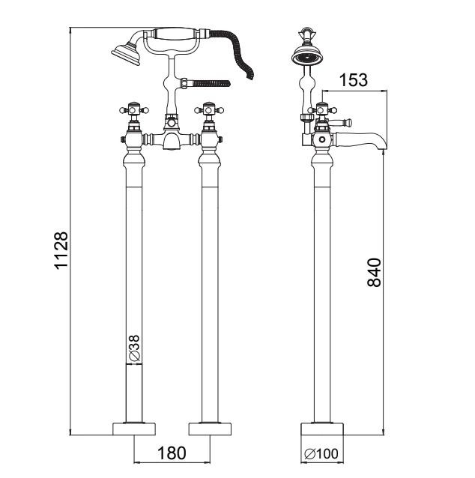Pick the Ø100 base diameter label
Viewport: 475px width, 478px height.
tap(321, 454)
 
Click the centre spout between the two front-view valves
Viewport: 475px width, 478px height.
tap(170, 140)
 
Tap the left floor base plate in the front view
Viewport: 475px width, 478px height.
tap(134, 429)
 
